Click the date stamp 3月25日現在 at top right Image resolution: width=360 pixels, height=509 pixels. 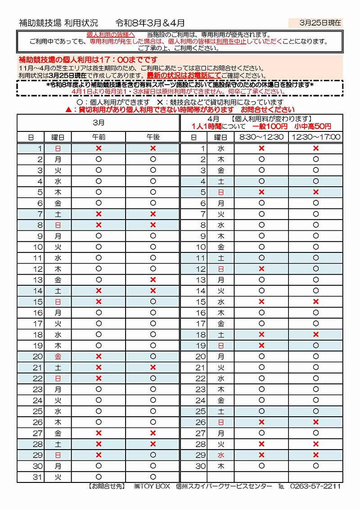pyautogui.click(x=320, y=22)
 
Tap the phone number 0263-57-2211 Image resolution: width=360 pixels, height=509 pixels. pyautogui.click(x=315, y=486)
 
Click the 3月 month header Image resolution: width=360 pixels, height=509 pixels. pyautogui.click(x=99, y=122)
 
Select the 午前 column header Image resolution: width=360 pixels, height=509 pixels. pyautogui.click(x=99, y=137)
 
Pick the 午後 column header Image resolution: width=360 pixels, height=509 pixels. pyautogui.click(x=153, y=137)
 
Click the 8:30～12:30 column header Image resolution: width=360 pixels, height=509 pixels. pyautogui.click(x=261, y=137)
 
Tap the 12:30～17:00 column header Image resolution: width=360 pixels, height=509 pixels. pyautogui.click(x=315, y=137)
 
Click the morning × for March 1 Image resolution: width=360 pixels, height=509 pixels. pyautogui.click(x=99, y=148)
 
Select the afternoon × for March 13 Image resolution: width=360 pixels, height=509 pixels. pyautogui.click(x=153, y=280)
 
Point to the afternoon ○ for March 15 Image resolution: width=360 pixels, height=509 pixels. pyautogui.click(x=153, y=302)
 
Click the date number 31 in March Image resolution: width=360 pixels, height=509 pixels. pyautogui.click(x=38, y=477)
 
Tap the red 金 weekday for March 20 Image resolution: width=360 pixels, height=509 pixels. pyautogui.click(x=58, y=356)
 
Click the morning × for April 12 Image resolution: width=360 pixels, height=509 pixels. pyautogui.click(x=261, y=269)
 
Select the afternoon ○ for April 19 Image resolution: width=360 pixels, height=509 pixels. pyautogui.click(x=315, y=346)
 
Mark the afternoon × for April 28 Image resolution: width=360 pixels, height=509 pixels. pyautogui.click(x=315, y=444)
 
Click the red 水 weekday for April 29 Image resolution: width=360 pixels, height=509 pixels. pyautogui.click(x=220, y=455)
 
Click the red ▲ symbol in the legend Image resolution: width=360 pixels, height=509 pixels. pyautogui.click(x=68, y=109)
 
